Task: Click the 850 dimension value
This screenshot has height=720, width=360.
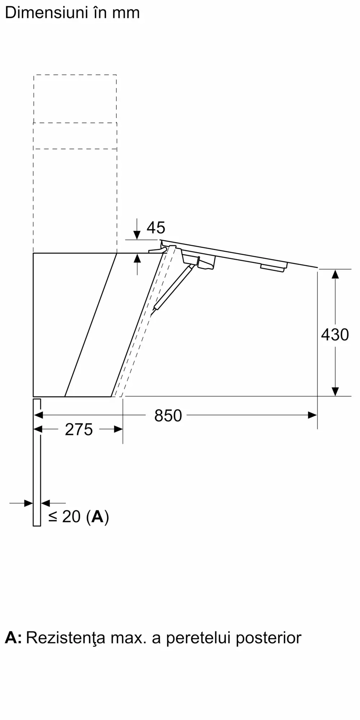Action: (x=168, y=415)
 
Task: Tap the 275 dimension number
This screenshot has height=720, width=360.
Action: (x=79, y=429)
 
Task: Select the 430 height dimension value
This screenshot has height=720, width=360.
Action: (x=335, y=334)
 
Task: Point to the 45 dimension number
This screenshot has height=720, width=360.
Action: (x=156, y=228)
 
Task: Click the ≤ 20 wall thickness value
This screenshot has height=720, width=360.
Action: (x=64, y=517)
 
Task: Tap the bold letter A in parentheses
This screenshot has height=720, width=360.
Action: (x=98, y=517)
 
